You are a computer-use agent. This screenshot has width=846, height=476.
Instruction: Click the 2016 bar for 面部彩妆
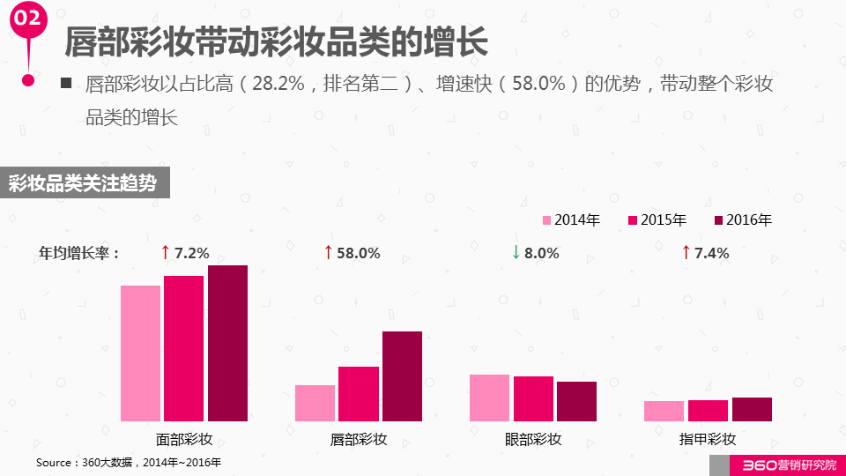227,343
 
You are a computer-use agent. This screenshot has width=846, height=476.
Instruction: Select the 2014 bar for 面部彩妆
140,353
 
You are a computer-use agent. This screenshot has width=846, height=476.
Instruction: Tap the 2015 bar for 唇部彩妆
359,393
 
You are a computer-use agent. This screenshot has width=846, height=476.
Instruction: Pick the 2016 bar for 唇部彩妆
402,376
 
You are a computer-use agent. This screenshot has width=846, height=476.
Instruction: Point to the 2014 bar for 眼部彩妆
489,398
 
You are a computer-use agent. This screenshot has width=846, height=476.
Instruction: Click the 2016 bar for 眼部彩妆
576,401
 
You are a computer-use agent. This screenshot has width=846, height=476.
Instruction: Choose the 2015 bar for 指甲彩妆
708,410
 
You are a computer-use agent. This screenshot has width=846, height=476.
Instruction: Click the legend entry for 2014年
571,220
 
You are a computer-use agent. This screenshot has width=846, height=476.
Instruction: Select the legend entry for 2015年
657,220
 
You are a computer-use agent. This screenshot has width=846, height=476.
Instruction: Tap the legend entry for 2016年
743,220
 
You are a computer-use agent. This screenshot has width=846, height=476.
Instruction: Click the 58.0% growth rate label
359,253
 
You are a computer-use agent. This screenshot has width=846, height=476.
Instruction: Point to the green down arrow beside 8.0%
516,253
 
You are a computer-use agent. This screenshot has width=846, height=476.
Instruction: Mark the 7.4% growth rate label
711,253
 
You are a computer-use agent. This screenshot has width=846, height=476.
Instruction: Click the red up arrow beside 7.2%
165,253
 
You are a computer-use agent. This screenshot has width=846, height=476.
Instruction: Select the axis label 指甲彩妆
708,439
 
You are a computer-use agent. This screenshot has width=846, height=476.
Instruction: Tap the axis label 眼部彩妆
533,439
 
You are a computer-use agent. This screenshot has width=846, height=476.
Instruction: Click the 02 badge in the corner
28,19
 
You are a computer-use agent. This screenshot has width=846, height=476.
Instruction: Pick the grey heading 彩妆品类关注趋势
83,183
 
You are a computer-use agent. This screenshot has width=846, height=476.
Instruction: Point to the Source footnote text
129,462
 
